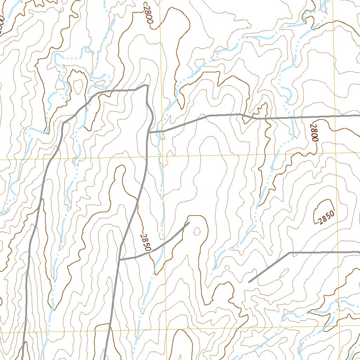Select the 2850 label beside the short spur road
point(144,242)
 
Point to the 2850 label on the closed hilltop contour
point(326,217)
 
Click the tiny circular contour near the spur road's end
point(197,231)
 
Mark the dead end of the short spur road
point(189,222)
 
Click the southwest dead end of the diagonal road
point(249,282)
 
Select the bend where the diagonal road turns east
point(289,252)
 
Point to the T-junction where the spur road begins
point(120,259)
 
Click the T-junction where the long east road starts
point(148,132)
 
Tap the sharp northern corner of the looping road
point(146,85)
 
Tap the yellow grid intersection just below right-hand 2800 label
point(335,153)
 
